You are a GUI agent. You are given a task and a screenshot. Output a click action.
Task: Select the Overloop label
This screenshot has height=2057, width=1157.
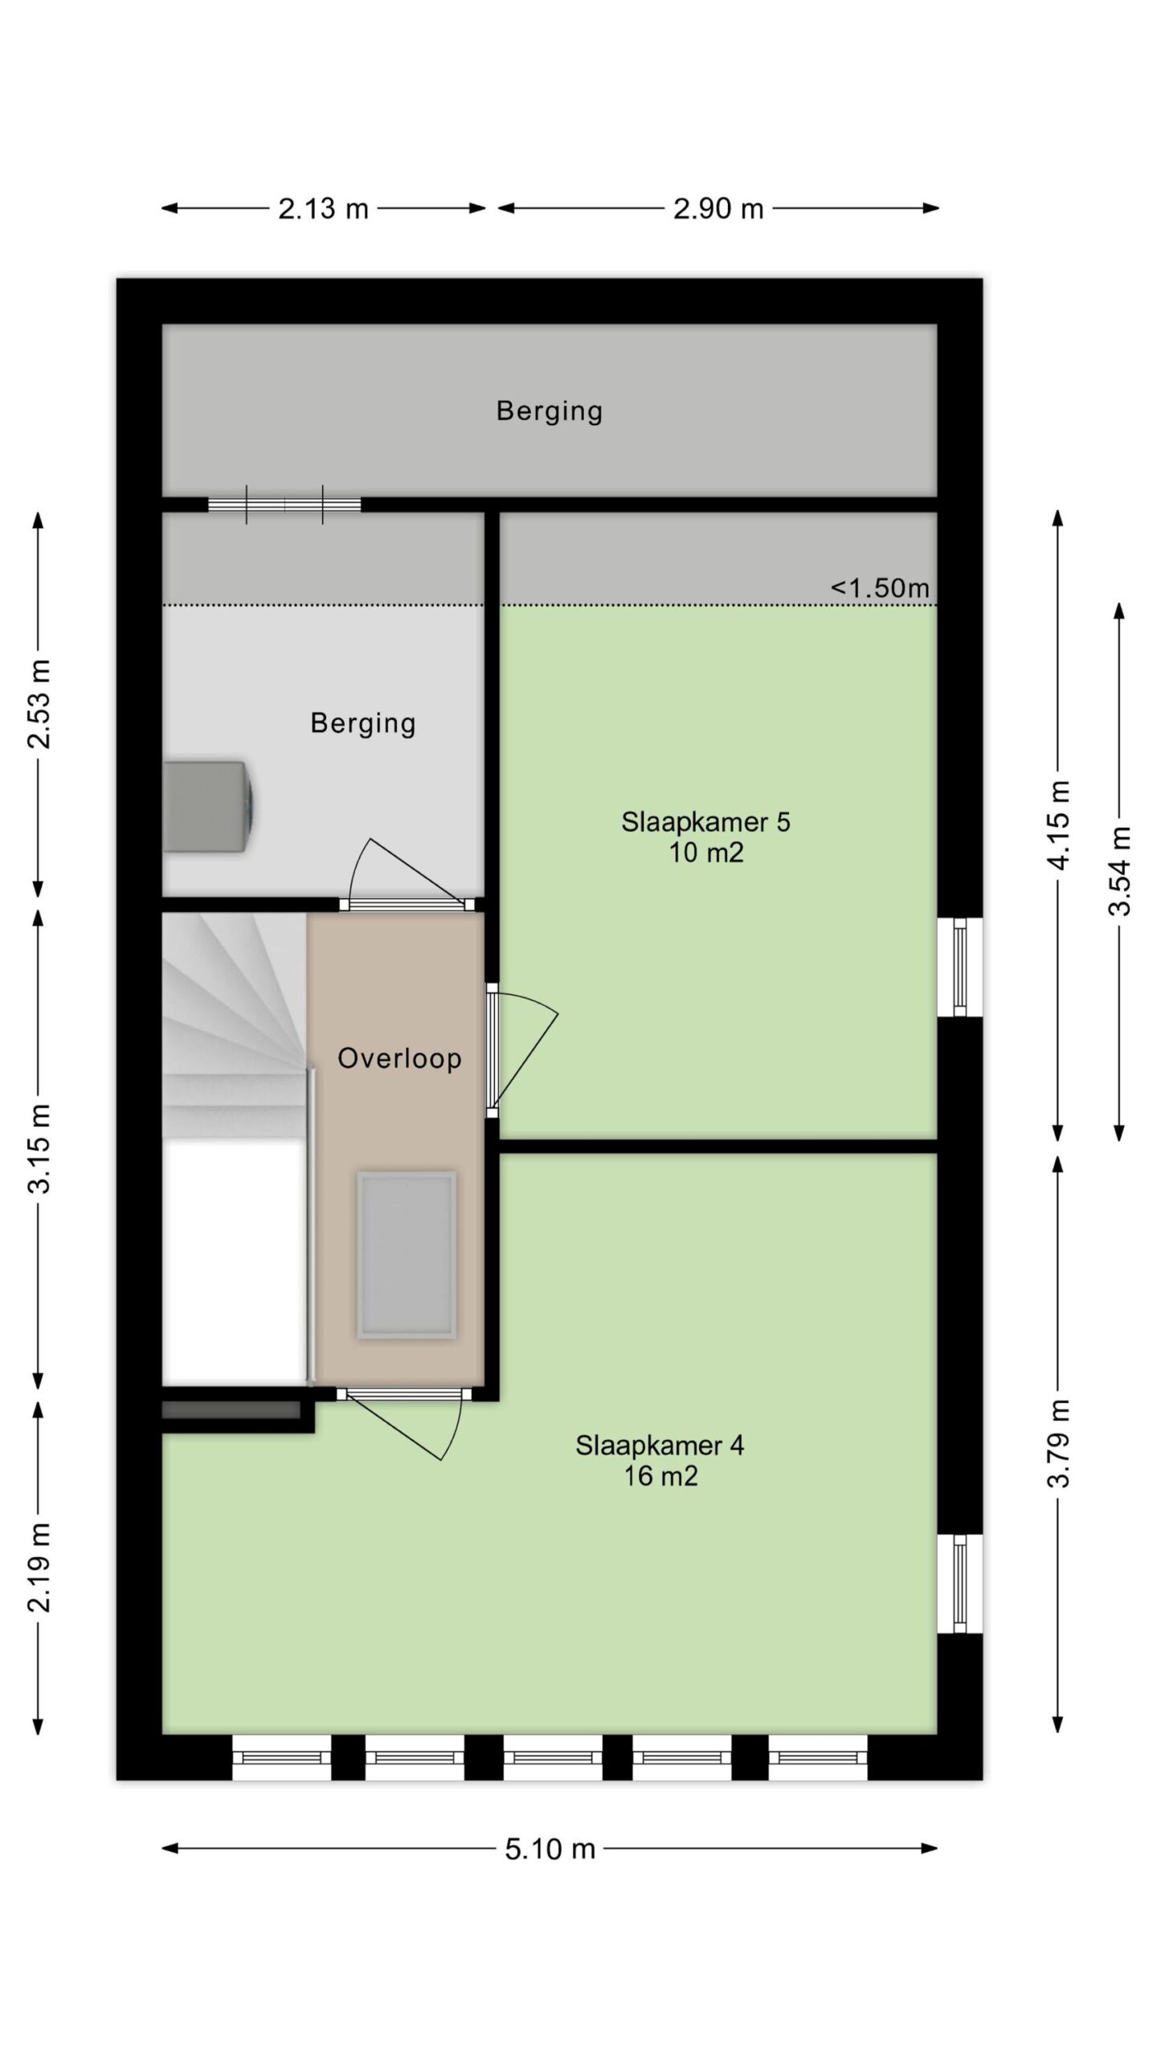point(399,1058)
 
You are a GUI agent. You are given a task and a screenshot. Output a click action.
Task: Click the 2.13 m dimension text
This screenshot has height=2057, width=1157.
point(323,209)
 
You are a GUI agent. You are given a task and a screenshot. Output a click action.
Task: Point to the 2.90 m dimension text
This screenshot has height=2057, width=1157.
point(718,209)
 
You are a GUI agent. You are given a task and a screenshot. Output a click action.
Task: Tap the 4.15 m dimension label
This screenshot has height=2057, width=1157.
point(1060,824)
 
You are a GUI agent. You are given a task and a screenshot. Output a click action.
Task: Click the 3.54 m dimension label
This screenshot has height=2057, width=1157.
point(1119,871)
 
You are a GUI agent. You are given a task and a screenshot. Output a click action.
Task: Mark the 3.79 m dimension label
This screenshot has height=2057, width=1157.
point(1060,1443)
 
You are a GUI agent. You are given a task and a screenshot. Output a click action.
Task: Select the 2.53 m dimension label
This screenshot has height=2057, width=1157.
point(39,704)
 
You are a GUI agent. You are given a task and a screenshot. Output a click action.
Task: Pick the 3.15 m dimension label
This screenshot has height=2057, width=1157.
point(39,1148)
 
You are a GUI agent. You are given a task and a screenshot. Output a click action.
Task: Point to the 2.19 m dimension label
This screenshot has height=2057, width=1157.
point(39,1567)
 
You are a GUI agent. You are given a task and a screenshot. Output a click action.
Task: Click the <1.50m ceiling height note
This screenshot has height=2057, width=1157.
point(880,587)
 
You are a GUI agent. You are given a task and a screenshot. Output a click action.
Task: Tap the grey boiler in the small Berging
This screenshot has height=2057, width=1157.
point(209,806)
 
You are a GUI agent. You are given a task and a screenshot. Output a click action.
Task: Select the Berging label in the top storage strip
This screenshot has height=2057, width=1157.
point(550,411)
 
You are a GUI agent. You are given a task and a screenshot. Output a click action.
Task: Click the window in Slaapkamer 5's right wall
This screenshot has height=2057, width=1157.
point(959,967)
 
